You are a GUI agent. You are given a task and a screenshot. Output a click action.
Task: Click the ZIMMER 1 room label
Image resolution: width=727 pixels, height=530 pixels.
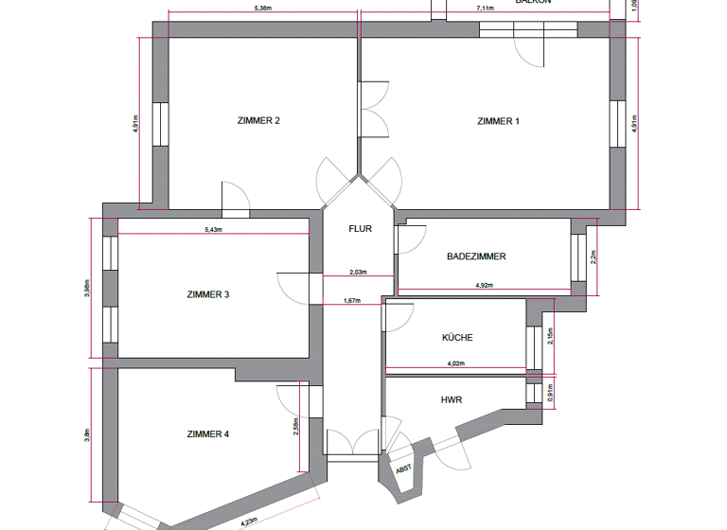point(498,121)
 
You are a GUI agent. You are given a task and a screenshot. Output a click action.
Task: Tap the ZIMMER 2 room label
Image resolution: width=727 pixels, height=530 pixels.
point(257,121)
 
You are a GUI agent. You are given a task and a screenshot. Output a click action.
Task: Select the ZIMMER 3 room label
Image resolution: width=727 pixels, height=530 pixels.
point(208,294)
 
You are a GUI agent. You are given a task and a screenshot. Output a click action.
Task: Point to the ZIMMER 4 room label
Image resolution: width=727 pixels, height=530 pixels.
point(208,434)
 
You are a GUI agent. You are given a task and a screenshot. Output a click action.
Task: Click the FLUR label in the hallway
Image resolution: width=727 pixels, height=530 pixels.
point(360,229)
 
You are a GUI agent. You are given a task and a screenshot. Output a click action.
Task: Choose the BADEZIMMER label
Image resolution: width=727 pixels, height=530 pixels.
point(476,256)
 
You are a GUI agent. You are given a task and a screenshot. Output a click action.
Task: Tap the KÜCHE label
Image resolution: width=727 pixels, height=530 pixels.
point(457,338)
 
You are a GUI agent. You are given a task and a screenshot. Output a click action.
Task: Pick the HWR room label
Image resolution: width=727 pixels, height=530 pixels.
point(452,399)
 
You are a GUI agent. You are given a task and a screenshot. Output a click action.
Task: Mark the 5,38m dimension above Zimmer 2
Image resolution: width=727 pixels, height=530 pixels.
point(263,9)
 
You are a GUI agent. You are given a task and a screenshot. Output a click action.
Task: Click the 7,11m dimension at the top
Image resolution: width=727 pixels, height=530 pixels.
point(484,9)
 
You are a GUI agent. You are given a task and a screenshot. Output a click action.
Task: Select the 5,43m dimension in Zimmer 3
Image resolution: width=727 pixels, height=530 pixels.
point(213,230)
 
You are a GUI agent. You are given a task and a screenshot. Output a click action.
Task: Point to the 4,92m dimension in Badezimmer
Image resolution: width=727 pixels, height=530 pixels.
point(483,285)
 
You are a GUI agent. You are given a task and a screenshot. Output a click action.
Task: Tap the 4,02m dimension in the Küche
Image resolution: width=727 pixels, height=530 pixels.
point(455,362)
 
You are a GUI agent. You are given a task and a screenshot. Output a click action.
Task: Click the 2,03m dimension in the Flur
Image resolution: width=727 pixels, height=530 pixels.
point(358,273)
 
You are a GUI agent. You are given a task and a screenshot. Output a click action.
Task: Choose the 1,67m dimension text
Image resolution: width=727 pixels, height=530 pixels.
point(351,302)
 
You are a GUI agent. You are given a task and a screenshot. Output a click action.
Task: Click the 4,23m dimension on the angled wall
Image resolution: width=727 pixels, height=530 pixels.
point(248,520)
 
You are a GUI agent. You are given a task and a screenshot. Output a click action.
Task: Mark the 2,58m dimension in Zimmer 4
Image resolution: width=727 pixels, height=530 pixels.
point(296,427)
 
